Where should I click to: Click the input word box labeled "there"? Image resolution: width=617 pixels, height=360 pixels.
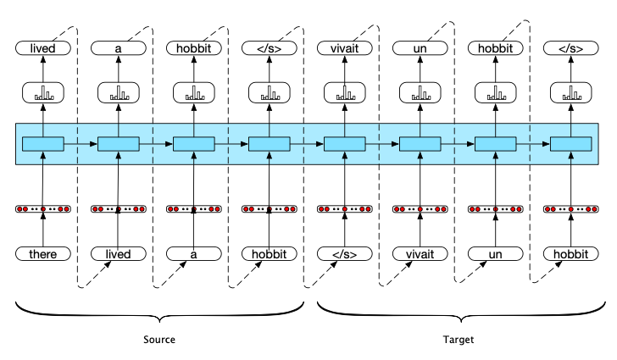tap(43, 254)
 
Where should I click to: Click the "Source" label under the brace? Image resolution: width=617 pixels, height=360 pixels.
tap(159, 340)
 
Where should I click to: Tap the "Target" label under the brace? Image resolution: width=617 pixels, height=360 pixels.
tap(459, 340)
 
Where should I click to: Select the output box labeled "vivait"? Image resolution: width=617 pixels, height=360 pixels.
tap(345, 48)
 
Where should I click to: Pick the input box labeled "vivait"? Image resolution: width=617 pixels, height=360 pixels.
tap(420, 254)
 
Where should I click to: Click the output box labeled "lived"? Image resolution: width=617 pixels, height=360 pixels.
tap(43, 48)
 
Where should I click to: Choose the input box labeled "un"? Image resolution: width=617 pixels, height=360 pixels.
tap(496, 254)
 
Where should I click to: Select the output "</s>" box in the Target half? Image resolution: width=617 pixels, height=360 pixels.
tap(571, 48)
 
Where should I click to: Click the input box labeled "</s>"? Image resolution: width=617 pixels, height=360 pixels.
tap(345, 254)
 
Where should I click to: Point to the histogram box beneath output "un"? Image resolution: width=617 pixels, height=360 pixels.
tap(420, 93)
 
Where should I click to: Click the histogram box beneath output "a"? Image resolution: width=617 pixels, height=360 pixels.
tap(119, 93)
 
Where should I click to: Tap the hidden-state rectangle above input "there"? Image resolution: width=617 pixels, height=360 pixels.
tap(43, 144)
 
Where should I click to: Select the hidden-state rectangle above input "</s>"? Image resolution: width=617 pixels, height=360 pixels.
tap(345, 144)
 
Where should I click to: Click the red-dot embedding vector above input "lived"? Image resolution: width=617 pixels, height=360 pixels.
tap(119, 209)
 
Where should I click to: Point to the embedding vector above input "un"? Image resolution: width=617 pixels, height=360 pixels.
tap(496, 209)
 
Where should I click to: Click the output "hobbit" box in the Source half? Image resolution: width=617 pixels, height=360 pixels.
tap(194, 48)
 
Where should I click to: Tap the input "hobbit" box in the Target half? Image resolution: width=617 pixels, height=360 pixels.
tap(571, 254)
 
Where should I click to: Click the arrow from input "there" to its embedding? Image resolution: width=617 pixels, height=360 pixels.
tap(43, 230)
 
